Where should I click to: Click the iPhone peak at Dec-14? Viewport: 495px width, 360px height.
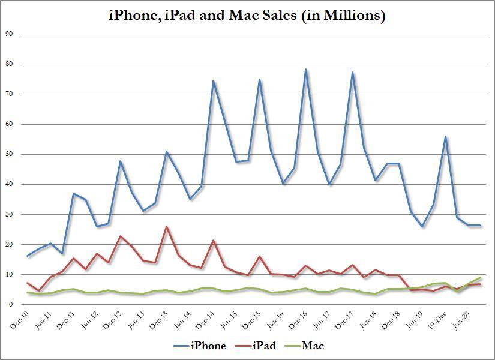pyautogui.click(x=213, y=80)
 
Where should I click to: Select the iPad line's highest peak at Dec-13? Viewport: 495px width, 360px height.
pyautogui.click(x=166, y=227)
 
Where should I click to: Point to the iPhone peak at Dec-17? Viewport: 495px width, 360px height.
pyautogui.click(x=352, y=73)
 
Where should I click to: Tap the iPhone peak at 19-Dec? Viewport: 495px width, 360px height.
pyautogui.click(x=446, y=137)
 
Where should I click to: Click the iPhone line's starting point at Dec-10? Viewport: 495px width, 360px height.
pyautogui.click(x=28, y=256)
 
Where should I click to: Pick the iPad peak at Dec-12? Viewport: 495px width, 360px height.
pyautogui.click(x=120, y=236)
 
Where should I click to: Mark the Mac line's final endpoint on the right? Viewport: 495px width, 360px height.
pyautogui.click(x=481, y=277)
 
